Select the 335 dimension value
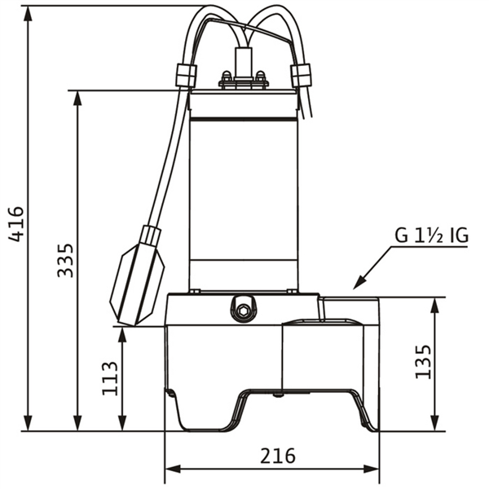[x=65, y=259]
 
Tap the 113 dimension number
[x=110, y=378]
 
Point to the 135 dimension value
[x=423, y=361]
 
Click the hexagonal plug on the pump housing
[x=241, y=310]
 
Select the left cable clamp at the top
[x=185, y=76]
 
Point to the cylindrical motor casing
[x=243, y=187]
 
